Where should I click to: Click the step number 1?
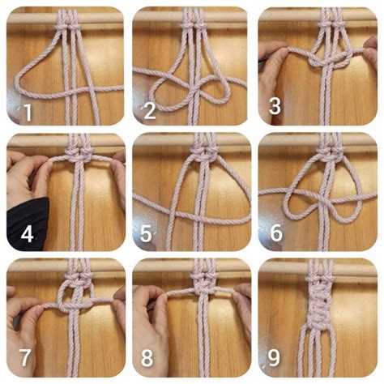click(x=28, y=112)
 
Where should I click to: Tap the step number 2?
click(x=150, y=111)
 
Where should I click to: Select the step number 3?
click(x=275, y=106)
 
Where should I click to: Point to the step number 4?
click(x=27, y=234)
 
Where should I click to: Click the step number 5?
click(x=146, y=234)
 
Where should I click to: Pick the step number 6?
click(x=276, y=233)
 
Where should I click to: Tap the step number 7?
click(x=25, y=357)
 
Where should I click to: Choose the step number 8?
click(x=147, y=358)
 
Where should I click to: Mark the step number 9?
click(x=274, y=358)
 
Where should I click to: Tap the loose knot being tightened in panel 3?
click(x=331, y=59)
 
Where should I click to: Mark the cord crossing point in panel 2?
click(x=197, y=88)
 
